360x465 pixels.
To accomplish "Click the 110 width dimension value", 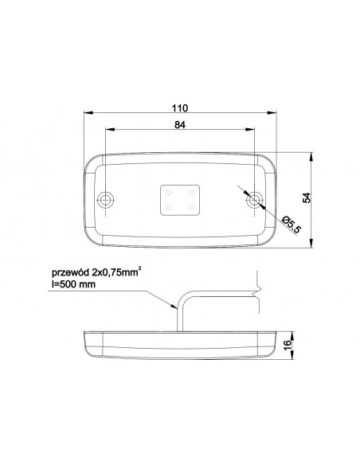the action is [x=180, y=108].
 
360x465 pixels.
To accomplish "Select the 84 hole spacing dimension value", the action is [x=180, y=125].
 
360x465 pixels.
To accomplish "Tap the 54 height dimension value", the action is [x=307, y=197].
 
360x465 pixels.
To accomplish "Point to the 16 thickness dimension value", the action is [x=288, y=345].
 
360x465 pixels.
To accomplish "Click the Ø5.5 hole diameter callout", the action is [x=292, y=225].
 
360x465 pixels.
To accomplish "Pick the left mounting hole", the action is [x=106, y=199].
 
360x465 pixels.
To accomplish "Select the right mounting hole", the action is [x=254, y=199].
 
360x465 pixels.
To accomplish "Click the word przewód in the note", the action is [x=70, y=273].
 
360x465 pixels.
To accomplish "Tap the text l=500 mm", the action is [x=73, y=284].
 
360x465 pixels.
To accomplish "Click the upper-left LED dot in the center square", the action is [x=169, y=193].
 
